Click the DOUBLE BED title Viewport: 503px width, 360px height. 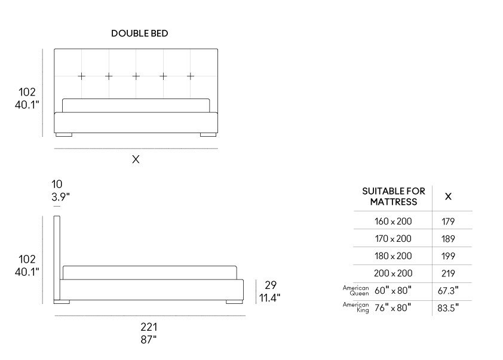(x=140, y=33)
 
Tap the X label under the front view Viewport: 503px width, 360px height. (x=136, y=159)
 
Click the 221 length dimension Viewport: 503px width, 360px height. (x=149, y=327)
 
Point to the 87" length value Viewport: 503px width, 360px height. (x=149, y=340)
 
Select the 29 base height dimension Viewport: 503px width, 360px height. (x=271, y=285)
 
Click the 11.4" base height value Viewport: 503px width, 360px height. (x=269, y=298)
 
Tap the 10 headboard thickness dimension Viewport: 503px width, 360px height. (x=57, y=184)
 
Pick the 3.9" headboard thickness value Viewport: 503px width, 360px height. (x=60, y=196)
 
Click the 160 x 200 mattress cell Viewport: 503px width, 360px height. (x=393, y=221)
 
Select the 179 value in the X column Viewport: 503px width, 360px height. (x=448, y=221)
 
